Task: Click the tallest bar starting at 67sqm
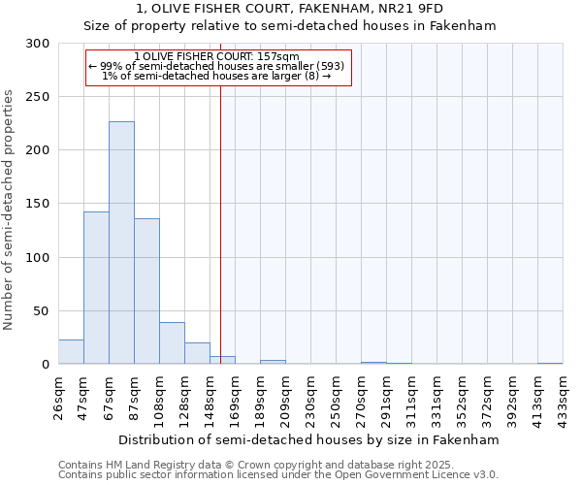[121, 242]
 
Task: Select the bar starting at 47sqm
[96, 287]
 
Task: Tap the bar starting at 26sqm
[71, 352]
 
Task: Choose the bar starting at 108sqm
[172, 343]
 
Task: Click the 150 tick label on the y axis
[37, 204]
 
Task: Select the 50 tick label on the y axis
[41, 310]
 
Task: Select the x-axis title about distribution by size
[310, 439]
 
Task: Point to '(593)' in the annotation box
[326, 66]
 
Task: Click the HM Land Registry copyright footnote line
[248, 465]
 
